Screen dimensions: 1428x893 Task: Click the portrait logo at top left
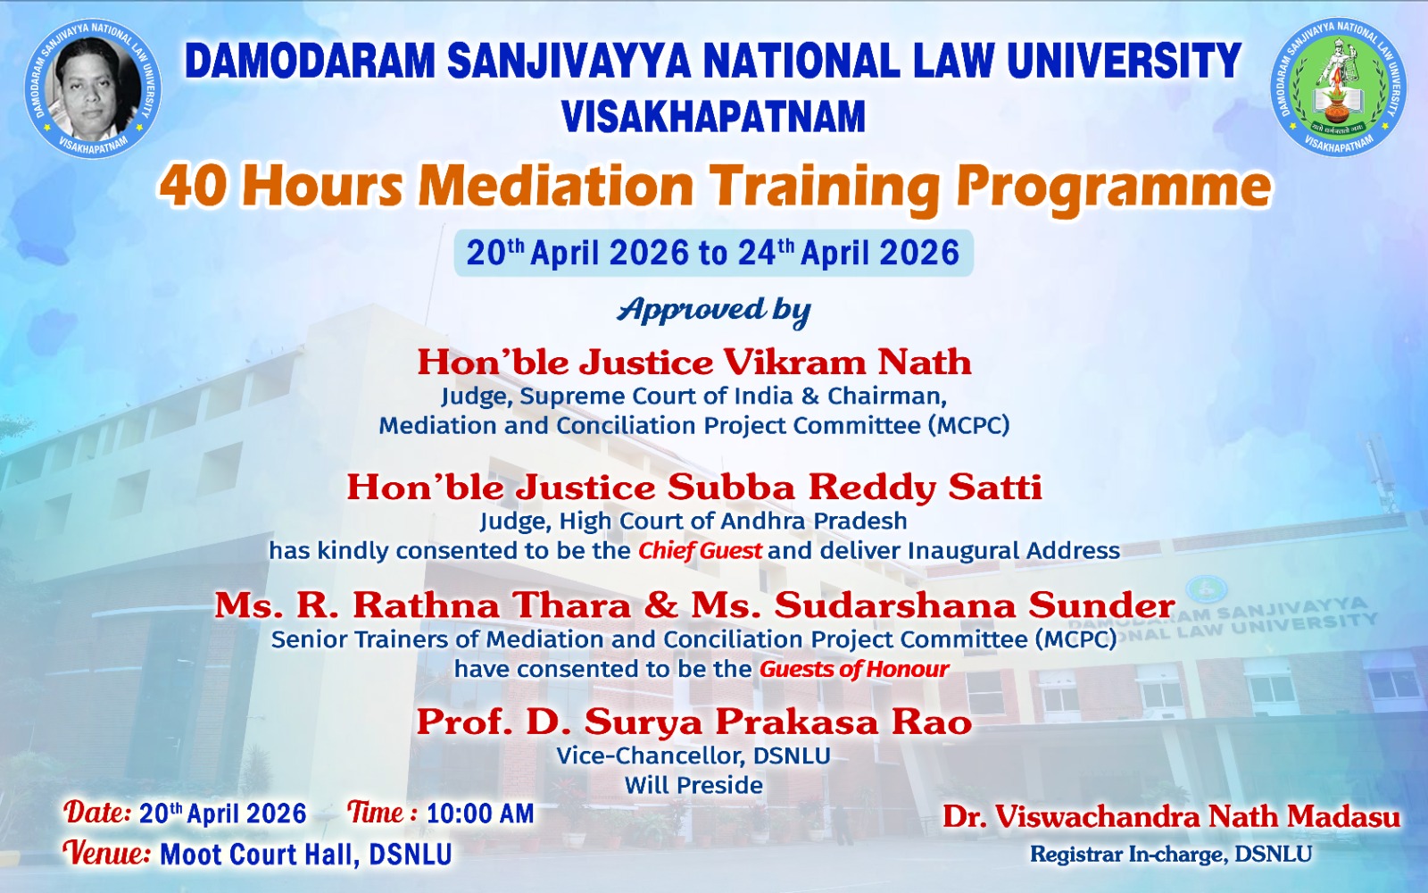tap(93, 88)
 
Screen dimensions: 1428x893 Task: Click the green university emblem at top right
tap(1338, 87)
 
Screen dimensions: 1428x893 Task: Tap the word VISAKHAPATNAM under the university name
tap(713, 116)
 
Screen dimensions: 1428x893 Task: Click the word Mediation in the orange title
tap(555, 187)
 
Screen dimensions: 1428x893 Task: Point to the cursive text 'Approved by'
tap(713, 311)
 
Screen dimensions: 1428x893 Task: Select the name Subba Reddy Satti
tap(855, 488)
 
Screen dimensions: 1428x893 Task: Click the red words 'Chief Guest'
tap(700, 550)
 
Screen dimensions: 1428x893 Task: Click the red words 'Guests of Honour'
tap(854, 669)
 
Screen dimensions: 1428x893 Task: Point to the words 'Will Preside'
tap(693, 785)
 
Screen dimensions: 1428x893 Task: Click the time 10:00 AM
tap(480, 814)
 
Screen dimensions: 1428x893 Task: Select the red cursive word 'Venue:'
tap(107, 853)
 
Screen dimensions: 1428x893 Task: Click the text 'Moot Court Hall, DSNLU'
tap(305, 855)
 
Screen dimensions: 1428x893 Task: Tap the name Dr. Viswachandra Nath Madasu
tap(1172, 816)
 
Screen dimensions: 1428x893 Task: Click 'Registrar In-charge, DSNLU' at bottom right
tap(1171, 854)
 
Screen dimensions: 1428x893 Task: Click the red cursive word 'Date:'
tap(97, 813)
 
